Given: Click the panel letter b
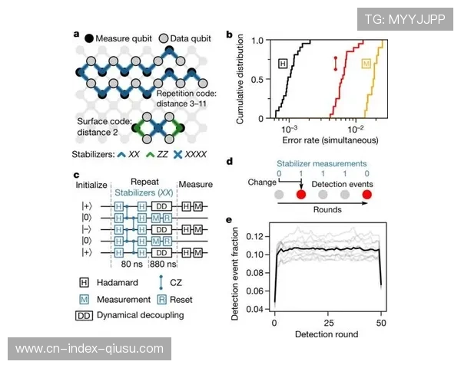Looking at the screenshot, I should [x=229, y=34].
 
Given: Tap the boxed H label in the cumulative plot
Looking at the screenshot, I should [x=284, y=64].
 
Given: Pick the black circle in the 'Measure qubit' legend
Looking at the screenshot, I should [x=90, y=38].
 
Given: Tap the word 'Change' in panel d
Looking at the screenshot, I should [x=262, y=184].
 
